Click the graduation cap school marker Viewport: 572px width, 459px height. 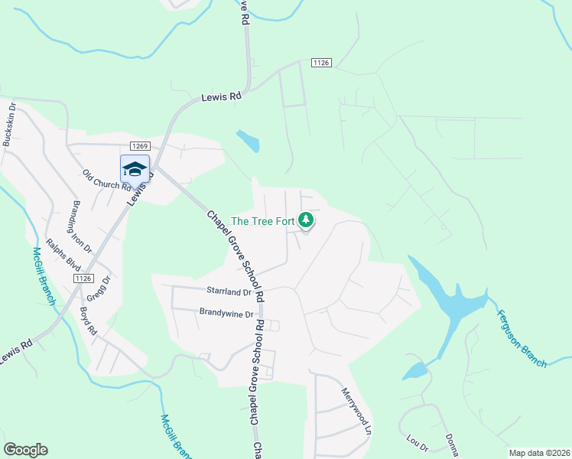pos(135,169)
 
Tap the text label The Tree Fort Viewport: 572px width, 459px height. pos(262,221)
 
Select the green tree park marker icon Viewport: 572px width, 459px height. pos(306,220)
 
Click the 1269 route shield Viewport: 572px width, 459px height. pos(139,146)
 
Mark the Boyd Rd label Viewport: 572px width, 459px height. pos(88,321)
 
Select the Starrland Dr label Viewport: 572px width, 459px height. pos(229,291)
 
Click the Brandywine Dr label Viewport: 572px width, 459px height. pos(226,313)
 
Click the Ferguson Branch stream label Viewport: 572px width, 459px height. pos(522,338)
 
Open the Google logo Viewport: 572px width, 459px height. pos(25,450)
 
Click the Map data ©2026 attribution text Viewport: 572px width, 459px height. pos(538,453)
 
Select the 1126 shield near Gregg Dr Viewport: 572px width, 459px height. pos(84,278)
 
